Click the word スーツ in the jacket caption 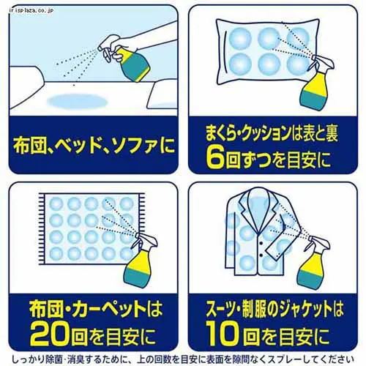click(217, 302)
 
